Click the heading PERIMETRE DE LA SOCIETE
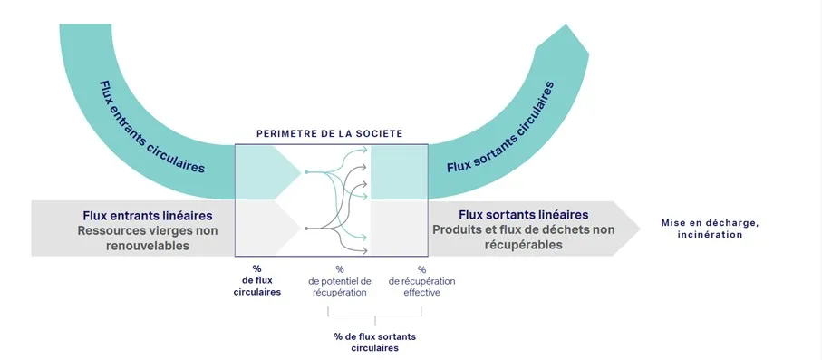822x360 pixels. [x=329, y=134]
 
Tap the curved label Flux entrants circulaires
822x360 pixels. [x=151, y=126]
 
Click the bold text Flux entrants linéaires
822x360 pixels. [x=148, y=216]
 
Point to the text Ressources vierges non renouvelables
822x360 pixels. [x=148, y=238]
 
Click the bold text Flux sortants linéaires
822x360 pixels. [x=524, y=215]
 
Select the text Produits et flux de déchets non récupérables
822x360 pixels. [x=524, y=237]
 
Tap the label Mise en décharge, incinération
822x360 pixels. [x=709, y=229]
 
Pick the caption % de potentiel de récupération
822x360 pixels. [x=339, y=281]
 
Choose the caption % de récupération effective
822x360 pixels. [x=421, y=281]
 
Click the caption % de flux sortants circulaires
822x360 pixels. [x=374, y=342]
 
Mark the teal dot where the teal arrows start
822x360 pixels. [x=307, y=171]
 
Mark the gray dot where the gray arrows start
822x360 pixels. [x=307, y=228]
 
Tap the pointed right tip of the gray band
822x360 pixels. [x=641, y=228]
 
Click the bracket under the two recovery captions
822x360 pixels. [x=374, y=316]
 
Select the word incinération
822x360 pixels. [x=709, y=235]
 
